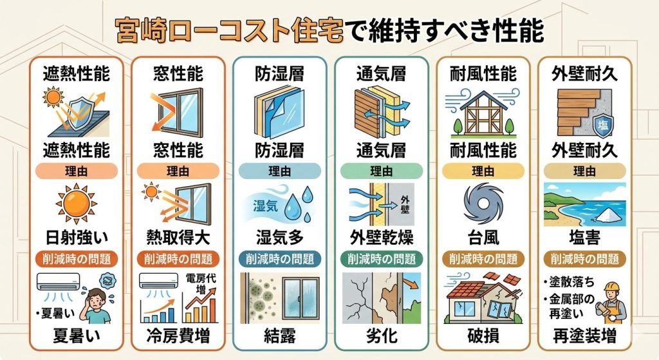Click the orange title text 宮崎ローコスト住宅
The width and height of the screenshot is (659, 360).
click(229, 31)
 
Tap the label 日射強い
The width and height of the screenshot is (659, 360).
click(77, 238)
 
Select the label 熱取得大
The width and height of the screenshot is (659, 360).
click(178, 238)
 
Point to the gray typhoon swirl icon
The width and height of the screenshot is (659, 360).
click(483, 204)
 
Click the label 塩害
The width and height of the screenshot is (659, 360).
click(584, 238)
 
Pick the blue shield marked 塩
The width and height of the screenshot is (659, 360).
click(603, 125)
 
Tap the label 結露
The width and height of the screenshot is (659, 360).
click(279, 336)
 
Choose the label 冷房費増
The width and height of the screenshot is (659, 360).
click(178, 336)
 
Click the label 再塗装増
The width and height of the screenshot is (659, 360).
click(584, 336)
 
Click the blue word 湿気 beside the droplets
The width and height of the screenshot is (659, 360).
click(265, 206)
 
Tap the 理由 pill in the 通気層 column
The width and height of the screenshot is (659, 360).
click(381, 171)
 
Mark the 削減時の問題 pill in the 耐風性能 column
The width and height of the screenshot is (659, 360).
click(483, 259)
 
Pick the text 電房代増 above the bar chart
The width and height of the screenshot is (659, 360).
click(201, 283)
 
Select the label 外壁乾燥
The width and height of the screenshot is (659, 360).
click(381, 238)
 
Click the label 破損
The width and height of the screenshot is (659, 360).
click(483, 336)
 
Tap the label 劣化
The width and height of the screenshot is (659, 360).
click(381, 336)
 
